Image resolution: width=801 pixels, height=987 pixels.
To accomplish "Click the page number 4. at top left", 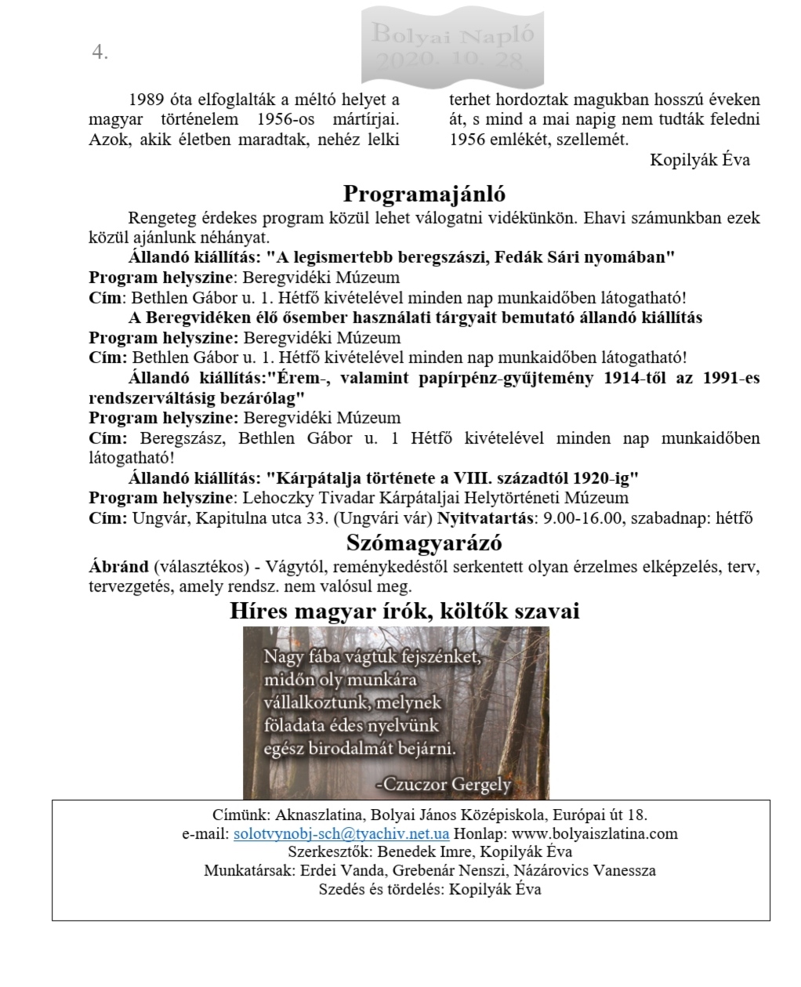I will (100, 53).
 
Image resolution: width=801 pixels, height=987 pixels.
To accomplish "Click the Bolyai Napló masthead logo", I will (452, 46).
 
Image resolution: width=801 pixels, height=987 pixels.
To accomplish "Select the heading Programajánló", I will (424, 194).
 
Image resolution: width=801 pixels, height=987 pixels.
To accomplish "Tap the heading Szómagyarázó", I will (424, 542).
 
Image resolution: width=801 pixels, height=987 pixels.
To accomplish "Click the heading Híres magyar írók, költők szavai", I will (404, 611).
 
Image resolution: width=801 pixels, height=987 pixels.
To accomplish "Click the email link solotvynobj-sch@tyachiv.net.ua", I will (341, 833).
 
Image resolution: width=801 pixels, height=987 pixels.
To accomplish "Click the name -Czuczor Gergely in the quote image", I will (444, 783).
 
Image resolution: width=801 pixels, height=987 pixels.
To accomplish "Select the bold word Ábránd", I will (118, 567).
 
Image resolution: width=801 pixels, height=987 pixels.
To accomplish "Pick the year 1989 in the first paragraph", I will (147, 100).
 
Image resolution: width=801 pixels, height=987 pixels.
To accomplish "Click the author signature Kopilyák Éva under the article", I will (700, 160).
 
